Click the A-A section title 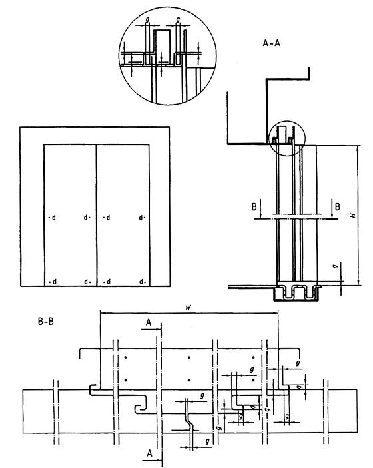click(271, 43)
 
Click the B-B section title click(45, 322)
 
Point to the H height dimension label click(354, 215)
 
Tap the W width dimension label click(188, 308)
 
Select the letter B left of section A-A click(254, 206)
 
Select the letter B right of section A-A click(338, 206)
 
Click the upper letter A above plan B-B click(149, 322)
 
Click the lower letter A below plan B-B click(149, 453)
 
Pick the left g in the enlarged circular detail click(147, 19)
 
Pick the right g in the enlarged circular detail click(178, 19)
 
